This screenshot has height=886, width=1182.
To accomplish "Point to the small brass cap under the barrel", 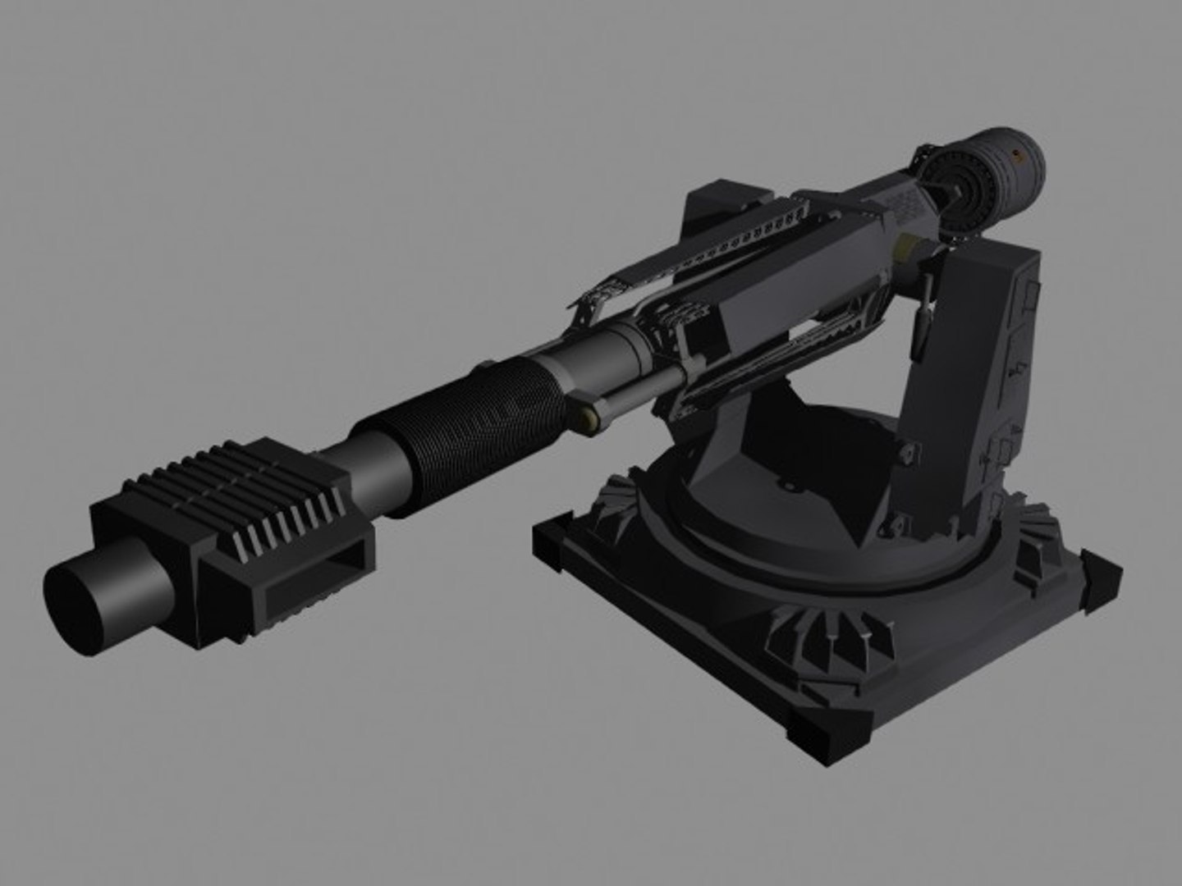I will coord(588,421).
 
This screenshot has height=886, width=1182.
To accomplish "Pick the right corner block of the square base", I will coord(1100,574).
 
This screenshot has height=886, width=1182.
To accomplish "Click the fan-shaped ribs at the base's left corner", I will coord(616,500).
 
